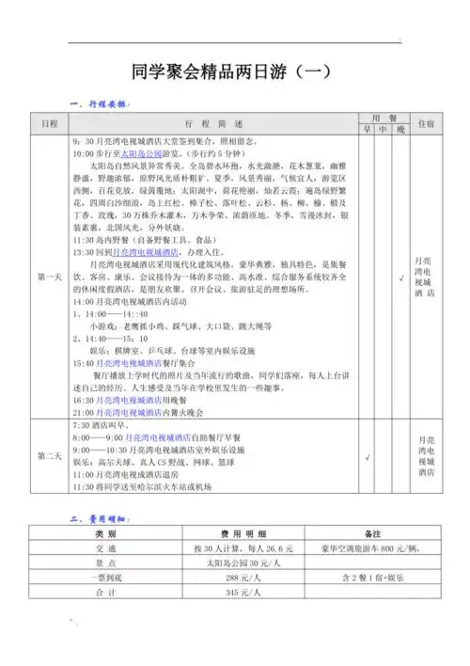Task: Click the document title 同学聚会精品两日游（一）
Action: pyautogui.click(x=235, y=71)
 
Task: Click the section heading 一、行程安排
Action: pyautogui.click(x=100, y=103)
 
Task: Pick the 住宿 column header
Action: pyautogui.click(x=425, y=124)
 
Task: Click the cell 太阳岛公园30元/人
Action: pyautogui.click(x=237, y=563)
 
